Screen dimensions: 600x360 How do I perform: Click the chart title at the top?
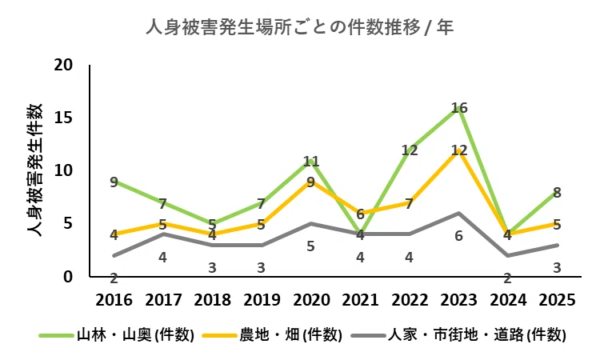pyautogui.click(x=300, y=27)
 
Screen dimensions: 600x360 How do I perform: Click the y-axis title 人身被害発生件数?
pyautogui.click(x=35, y=170)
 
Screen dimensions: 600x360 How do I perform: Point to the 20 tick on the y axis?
pyautogui.click(x=63, y=65)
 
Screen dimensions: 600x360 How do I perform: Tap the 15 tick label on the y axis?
pyautogui.click(x=63, y=118)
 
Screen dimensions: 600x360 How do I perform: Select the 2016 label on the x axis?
pyautogui.click(x=114, y=300)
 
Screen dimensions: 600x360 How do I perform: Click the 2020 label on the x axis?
pyautogui.click(x=311, y=300)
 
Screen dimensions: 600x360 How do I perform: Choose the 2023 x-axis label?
pyautogui.click(x=459, y=300)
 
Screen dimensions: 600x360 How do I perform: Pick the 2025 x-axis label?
pyautogui.click(x=557, y=300)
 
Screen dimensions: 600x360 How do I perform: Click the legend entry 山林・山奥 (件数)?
pyautogui.click(x=117, y=335)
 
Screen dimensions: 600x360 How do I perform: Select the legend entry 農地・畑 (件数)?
pyautogui.click(x=272, y=335)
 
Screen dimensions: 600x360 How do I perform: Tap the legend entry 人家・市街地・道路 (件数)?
pyautogui.click(x=458, y=335)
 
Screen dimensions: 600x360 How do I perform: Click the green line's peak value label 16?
pyautogui.click(x=459, y=108)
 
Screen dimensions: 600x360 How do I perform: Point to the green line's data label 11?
pyautogui.click(x=311, y=161)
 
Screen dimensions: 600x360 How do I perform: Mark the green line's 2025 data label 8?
pyautogui.click(x=557, y=193)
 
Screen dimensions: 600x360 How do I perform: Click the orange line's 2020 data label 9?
pyautogui.click(x=310, y=182)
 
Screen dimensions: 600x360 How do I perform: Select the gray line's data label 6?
pyautogui.click(x=459, y=236)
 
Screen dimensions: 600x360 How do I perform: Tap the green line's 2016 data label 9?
pyautogui.click(x=114, y=182)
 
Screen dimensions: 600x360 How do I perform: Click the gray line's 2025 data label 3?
pyautogui.click(x=557, y=268)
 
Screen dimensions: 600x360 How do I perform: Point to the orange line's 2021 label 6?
pyautogui.click(x=360, y=214)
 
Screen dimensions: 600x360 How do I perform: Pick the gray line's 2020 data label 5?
pyautogui.click(x=310, y=246)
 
